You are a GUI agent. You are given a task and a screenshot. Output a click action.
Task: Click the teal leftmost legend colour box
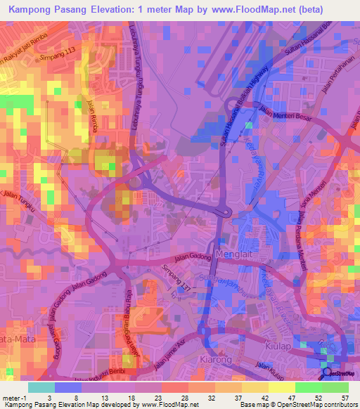point(41,387)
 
